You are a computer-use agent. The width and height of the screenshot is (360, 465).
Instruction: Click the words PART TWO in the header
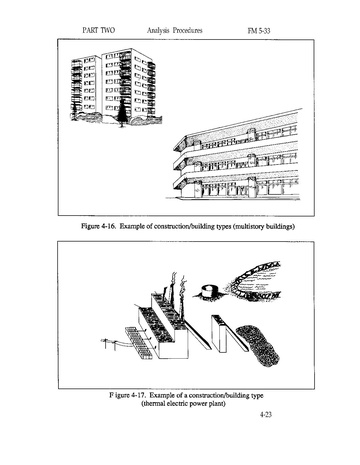(x=99, y=30)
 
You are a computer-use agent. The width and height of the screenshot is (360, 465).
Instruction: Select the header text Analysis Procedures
(x=175, y=30)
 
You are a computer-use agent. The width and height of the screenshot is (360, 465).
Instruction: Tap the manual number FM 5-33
(x=259, y=31)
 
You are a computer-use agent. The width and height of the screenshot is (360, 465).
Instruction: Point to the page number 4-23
(x=266, y=414)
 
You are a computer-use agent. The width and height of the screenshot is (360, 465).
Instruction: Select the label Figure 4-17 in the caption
(x=127, y=395)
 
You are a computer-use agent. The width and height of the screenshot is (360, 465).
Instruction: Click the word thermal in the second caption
(x=154, y=404)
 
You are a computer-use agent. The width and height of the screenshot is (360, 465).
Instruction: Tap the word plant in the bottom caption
(x=217, y=404)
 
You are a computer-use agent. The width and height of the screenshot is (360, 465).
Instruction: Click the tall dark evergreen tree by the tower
(x=123, y=112)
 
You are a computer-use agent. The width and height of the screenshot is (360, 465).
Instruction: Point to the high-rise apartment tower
(x=113, y=86)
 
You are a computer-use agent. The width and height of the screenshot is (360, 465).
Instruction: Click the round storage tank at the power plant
(x=209, y=291)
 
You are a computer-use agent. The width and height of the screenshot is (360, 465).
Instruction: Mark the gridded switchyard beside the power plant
(x=140, y=343)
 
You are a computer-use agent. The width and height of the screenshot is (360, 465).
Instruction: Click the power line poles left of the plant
(x=110, y=343)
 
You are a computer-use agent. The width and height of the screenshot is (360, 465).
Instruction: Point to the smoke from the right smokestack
(x=183, y=284)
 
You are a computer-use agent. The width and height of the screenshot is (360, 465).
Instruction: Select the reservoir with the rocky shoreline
(x=254, y=280)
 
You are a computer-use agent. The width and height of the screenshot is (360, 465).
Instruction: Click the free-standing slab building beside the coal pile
(x=219, y=333)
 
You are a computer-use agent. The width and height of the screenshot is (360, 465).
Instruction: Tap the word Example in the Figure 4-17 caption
(x=163, y=395)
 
